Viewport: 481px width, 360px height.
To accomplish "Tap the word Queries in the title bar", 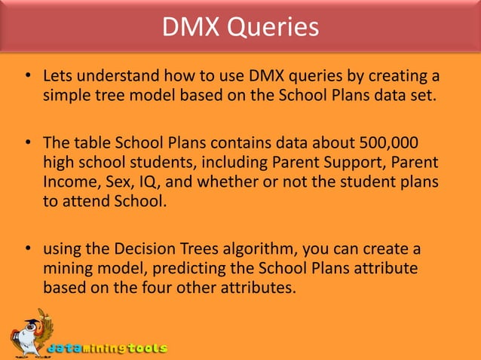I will (277, 28).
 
